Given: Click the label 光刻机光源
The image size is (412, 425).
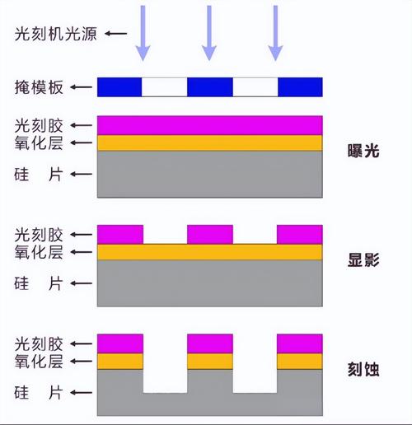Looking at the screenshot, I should pyautogui.click(x=46, y=34).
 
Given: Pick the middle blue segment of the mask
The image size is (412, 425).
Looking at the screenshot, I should pyautogui.click(x=210, y=86).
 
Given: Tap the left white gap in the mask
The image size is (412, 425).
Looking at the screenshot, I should pyautogui.click(x=165, y=86).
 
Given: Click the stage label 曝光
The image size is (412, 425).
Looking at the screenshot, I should pyautogui.click(x=363, y=152).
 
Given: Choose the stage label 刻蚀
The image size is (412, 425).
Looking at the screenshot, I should pyautogui.click(x=363, y=369).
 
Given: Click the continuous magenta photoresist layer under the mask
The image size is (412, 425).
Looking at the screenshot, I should pyautogui.click(x=210, y=125).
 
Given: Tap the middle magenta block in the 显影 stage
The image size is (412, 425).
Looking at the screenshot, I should pyautogui.click(x=210, y=234).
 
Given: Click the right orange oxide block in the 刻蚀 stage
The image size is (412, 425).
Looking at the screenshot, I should pyautogui.click(x=299, y=361).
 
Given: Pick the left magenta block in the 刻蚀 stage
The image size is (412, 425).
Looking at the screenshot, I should pyautogui.click(x=120, y=343).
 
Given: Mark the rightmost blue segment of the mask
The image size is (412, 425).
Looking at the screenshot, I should pyautogui.click(x=300, y=86).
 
